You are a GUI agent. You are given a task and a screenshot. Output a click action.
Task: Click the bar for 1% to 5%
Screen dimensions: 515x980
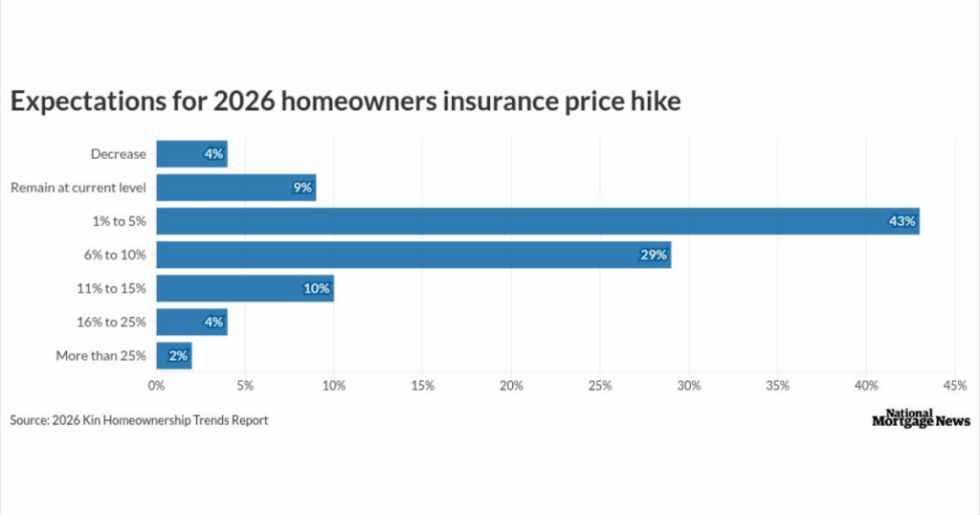click(x=536, y=221)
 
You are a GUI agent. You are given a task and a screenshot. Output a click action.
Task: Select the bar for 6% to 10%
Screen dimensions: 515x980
click(x=412, y=255)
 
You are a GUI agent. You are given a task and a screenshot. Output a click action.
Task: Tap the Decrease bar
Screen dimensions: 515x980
click(x=191, y=154)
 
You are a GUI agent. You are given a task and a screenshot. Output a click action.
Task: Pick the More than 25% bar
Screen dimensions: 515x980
click(x=173, y=356)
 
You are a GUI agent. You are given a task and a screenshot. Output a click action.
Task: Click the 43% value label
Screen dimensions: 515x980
click(x=902, y=221)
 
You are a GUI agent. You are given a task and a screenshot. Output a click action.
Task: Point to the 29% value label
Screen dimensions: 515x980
click(x=654, y=255)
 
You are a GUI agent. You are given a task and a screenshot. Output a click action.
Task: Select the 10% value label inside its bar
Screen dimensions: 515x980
click(x=317, y=288)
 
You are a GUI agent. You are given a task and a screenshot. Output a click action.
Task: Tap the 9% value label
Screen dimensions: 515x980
click(x=302, y=188)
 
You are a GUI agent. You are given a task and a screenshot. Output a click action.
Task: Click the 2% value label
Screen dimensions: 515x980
click(x=178, y=356)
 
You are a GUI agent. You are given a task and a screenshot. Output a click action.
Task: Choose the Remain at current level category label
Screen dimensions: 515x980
click(x=78, y=188)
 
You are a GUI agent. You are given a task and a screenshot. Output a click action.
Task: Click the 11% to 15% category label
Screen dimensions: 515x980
click(x=111, y=288)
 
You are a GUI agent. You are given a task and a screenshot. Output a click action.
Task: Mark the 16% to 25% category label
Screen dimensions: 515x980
click(x=111, y=322)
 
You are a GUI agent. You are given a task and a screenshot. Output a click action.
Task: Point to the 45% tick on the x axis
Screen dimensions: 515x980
click(x=954, y=386)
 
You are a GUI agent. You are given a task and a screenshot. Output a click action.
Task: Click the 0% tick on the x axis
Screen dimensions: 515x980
click(x=156, y=386)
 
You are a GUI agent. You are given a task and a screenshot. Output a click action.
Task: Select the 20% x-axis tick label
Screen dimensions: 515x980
click(x=511, y=386)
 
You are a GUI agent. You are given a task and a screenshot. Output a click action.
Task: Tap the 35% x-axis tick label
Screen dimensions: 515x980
click(x=777, y=386)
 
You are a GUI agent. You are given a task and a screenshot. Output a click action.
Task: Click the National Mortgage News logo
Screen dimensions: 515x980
click(x=921, y=418)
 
